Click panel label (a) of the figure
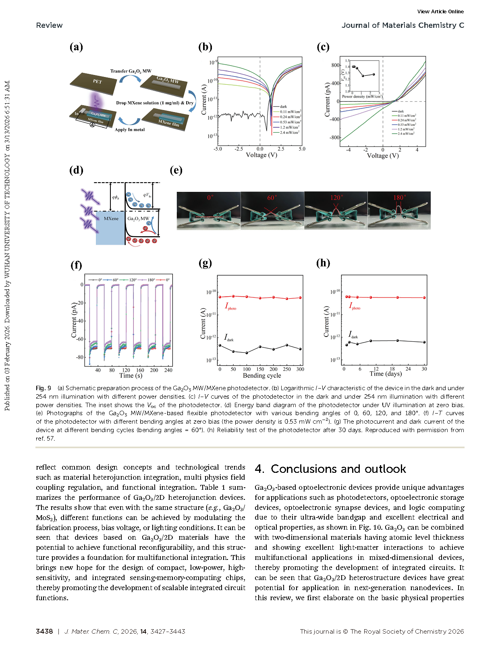[x=76, y=47]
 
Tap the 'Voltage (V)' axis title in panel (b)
[x=261, y=155]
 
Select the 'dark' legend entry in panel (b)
[x=283, y=107]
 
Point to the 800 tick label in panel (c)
[x=335, y=65]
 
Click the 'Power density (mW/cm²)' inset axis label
[x=362, y=97]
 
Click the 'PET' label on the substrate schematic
[x=98, y=81]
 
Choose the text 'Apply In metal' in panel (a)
[x=130, y=130]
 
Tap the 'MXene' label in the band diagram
[x=111, y=218]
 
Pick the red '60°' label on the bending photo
[x=272, y=198]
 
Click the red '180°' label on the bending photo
[x=400, y=198]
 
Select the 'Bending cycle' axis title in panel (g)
[x=262, y=376]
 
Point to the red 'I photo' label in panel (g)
[x=230, y=306]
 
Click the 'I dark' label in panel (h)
[x=353, y=335]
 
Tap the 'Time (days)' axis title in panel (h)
[x=386, y=374]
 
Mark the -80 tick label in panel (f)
[x=80, y=357]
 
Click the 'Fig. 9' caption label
[x=44, y=388]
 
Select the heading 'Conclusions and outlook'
[x=338, y=469]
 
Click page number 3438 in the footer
[x=44, y=631]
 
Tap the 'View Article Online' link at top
[x=440, y=12]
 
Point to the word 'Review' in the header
[x=49, y=25]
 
